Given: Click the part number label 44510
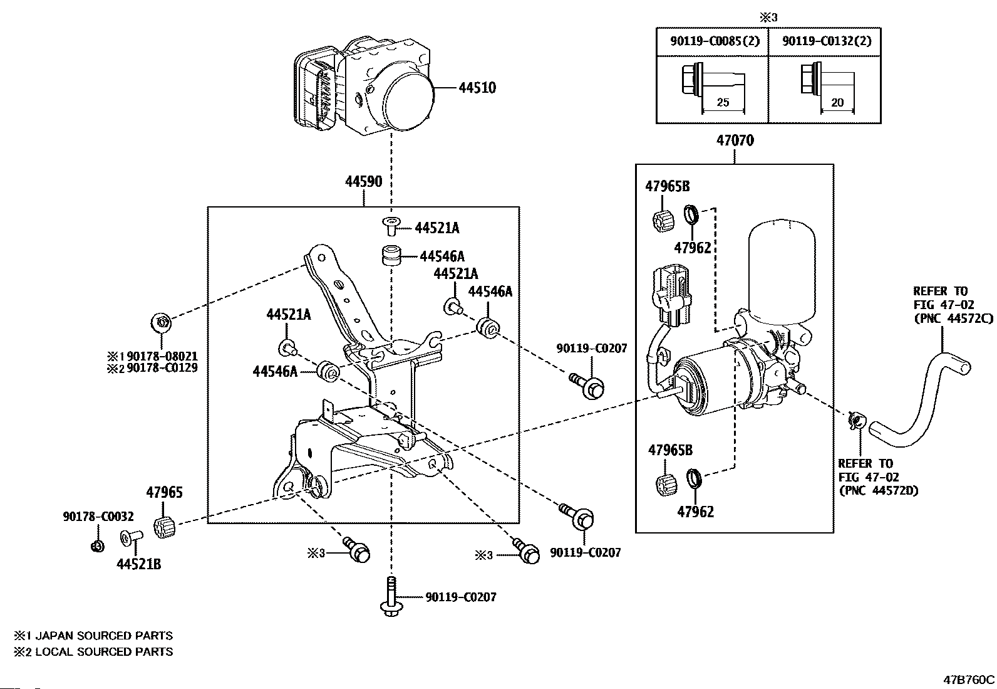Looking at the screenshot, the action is [x=477, y=88].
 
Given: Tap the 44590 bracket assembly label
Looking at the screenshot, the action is [x=364, y=181].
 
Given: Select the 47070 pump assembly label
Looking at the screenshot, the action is [x=735, y=140].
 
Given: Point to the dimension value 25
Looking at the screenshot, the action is [x=723, y=102].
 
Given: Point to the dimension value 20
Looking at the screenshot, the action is [x=837, y=102].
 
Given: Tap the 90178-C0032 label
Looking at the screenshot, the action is [x=98, y=517].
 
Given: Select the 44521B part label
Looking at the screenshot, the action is [x=139, y=564].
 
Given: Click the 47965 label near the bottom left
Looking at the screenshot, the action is [x=164, y=493].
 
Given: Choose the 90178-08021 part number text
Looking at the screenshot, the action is [x=162, y=356].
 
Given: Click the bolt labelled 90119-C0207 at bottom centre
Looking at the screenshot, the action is [x=391, y=596].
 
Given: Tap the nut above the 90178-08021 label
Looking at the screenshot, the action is [x=161, y=323].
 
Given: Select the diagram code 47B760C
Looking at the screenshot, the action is [x=969, y=680].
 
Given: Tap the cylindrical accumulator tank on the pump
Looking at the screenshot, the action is [x=782, y=271].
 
